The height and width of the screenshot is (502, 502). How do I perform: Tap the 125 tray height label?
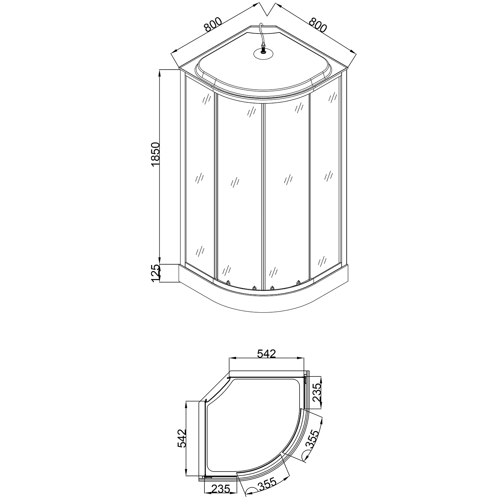point(156,273)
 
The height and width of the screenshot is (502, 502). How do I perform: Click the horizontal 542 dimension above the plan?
point(266,353)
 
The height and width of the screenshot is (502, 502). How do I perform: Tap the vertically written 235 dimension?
point(316,393)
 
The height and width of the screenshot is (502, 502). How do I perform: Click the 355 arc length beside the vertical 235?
point(312,439)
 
